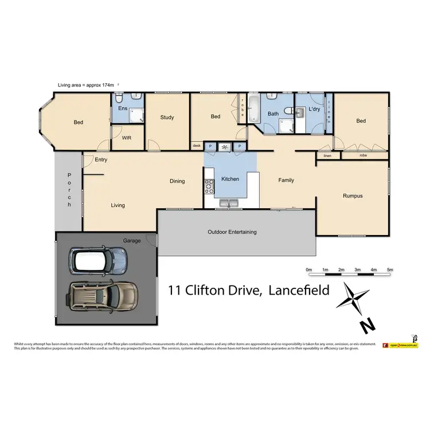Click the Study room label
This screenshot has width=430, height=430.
(167, 118)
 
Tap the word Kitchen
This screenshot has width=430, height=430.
(230, 179)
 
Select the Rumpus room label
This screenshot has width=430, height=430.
(353, 196)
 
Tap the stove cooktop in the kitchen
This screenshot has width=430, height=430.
(209, 185)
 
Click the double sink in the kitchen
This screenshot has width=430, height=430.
(230, 202)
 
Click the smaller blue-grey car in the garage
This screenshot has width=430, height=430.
(98, 260)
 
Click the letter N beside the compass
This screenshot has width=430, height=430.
(368, 326)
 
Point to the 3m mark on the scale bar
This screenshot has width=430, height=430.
(357, 269)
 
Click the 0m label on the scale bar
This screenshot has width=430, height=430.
(308, 269)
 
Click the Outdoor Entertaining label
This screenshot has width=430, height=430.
(232, 232)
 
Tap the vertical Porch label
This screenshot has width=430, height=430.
(69, 189)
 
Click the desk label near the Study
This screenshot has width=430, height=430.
(196, 146)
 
